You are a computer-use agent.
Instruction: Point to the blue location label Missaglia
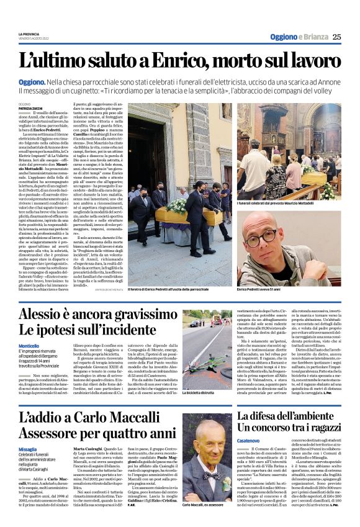coord(28,449)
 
